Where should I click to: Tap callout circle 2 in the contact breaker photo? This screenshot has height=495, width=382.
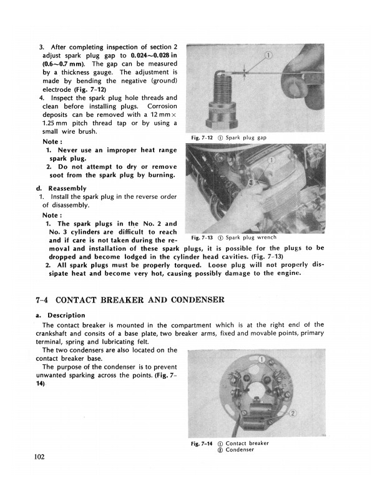pyautogui.click(x=293, y=413)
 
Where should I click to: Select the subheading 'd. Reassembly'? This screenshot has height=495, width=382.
pyautogui.click(x=62, y=188)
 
